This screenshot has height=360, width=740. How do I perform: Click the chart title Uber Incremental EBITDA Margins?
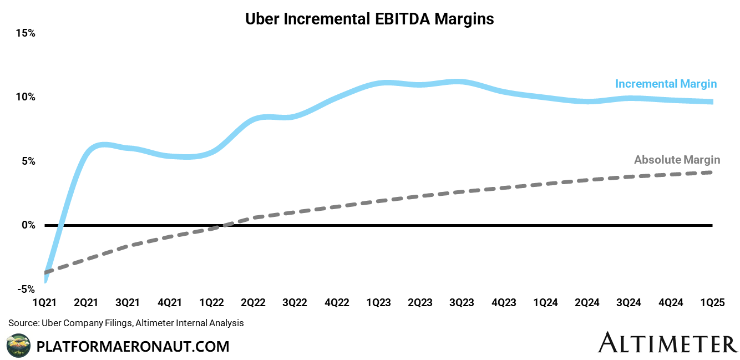[369, 19]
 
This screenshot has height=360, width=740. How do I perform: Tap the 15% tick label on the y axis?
[26, 33]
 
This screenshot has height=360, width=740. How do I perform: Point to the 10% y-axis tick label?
[26, 97]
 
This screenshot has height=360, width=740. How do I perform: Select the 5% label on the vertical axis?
[28, 161]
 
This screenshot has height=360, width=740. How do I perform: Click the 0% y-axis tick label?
[28, 225]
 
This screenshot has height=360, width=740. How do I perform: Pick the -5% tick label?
[26, 290]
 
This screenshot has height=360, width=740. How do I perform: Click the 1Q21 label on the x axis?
[45, 303]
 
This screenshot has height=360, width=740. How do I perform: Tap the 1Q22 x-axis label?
[212, 303]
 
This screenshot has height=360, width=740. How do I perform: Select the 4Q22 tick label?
[337, 303]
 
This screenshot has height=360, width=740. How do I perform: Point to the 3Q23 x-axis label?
[462, 303]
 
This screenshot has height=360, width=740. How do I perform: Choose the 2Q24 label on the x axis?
[587, 303]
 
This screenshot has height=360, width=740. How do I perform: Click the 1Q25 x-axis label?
[712, 303]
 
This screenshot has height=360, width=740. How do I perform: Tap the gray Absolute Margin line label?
[677, 160]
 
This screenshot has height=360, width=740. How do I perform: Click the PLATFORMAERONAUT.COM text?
[133, 347]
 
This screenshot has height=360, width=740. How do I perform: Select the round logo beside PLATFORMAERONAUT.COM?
[18, 346]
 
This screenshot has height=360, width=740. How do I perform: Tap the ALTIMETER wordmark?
[668, 343]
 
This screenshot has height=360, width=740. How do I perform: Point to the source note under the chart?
[126, 323]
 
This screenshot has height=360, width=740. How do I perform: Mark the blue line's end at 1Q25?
[712, 102]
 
